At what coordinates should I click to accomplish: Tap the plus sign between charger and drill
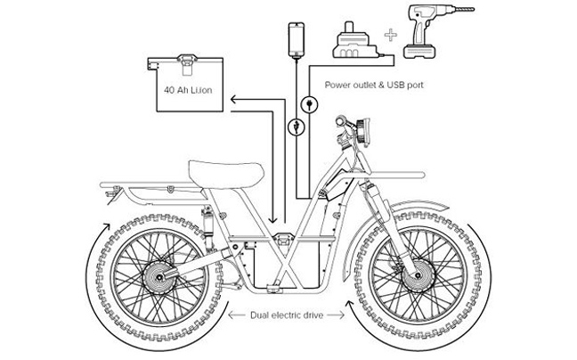pyautogui.click(x=389, y=38)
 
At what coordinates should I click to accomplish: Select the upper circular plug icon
pyautogui.click(x=309, y=104)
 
